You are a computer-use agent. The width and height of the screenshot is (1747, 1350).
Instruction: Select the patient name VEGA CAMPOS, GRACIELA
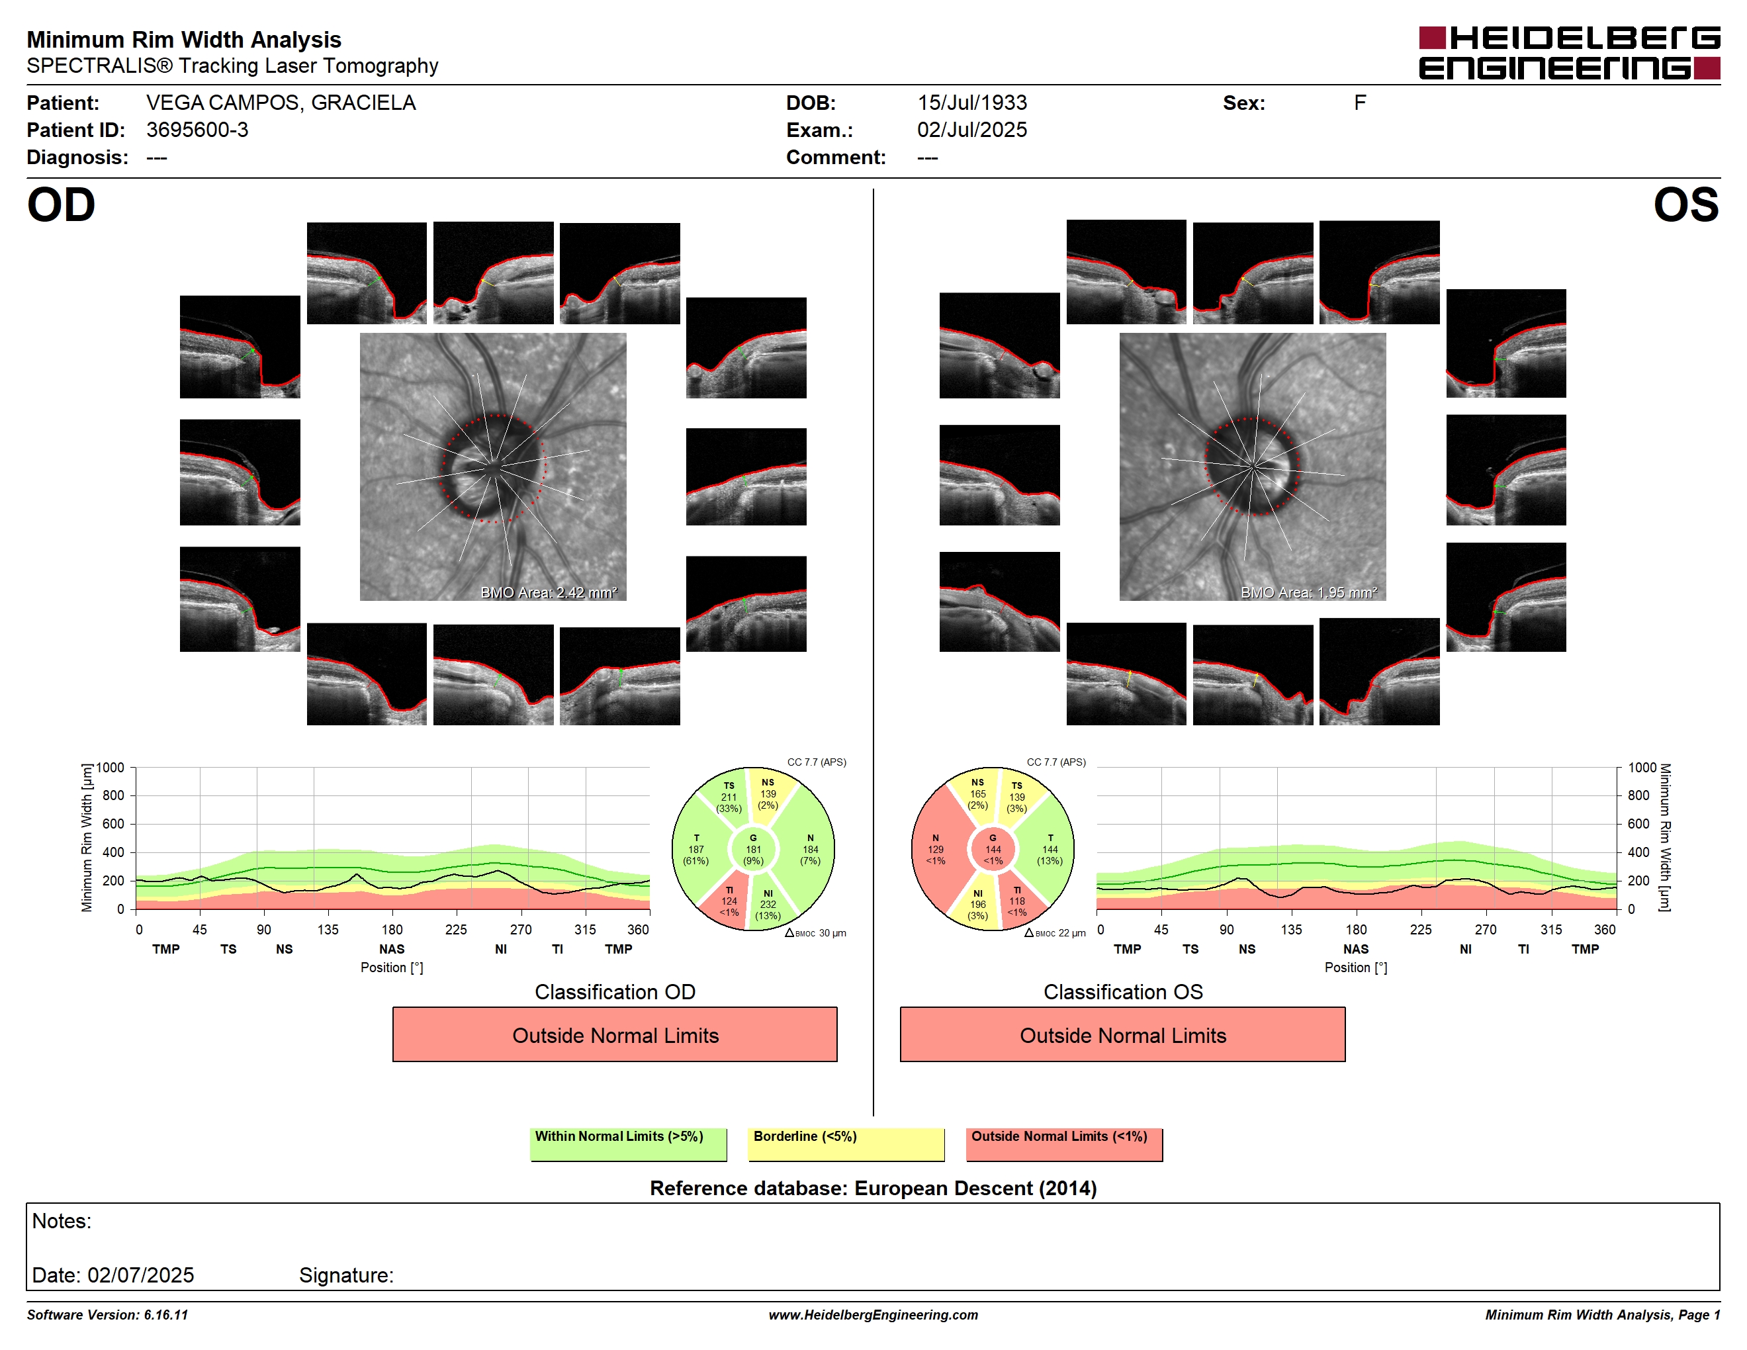(281, 103)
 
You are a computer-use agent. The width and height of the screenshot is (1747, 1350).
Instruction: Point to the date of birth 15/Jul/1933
(972, 103)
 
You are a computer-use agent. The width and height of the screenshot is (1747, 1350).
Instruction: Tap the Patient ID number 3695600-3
(198, 130)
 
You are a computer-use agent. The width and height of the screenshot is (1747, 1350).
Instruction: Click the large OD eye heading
(62, 206)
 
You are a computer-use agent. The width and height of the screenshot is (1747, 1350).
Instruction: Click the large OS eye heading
(1686, 206)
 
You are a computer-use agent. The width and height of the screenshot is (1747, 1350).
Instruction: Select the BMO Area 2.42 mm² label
(549, 593)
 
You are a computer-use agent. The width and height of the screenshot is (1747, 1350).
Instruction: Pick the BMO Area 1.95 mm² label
(1309, 593)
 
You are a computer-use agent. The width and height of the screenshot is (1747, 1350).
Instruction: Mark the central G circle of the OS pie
(993, 849)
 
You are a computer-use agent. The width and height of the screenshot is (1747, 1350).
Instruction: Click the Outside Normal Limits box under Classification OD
(615, 1035)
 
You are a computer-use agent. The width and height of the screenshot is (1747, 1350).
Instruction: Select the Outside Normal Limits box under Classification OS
(1122, 1035)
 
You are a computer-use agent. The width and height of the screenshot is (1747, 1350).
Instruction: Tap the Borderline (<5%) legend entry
(846, 1144)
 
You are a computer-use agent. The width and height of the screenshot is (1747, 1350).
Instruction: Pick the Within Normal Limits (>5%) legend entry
(629, 1144)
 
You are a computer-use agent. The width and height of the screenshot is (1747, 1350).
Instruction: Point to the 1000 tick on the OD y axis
(111, 768)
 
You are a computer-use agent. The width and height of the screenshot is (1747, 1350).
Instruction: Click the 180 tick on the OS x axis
(1357, 929)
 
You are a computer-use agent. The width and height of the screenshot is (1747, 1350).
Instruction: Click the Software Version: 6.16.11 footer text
(107, 1315)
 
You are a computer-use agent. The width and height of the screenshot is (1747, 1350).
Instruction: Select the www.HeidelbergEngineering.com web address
(873, 1315)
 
